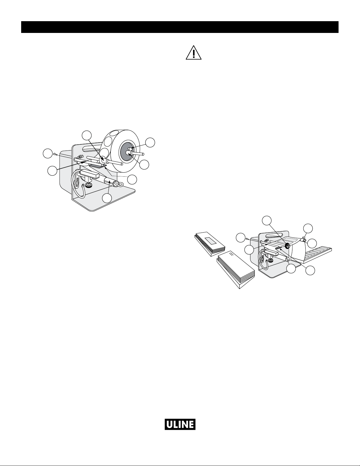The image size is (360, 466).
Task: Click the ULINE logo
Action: (180, 424)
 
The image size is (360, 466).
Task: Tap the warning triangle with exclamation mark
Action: (193, 53)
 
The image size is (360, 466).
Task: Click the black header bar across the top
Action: (180, 27)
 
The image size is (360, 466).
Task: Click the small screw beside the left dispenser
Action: (55, 154)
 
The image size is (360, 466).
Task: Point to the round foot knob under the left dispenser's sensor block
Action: (88, 185)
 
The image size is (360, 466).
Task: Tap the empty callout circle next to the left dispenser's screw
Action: (48, 153)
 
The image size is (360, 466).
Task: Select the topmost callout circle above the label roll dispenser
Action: (87, 135)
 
